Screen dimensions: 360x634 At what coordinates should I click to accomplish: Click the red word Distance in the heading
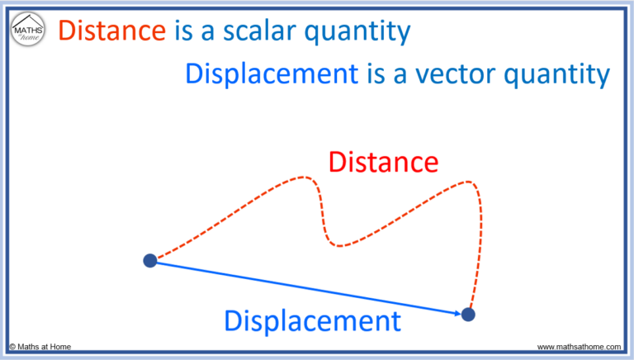113,31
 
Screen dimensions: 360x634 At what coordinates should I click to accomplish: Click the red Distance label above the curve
382,161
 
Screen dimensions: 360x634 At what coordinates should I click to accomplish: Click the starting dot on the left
150,261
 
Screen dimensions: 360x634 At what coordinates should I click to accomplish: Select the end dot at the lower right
468,314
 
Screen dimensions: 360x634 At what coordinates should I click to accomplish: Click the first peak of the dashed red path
305,177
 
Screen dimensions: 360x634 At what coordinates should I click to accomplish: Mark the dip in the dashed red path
338,244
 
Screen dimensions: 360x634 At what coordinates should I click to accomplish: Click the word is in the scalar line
182,31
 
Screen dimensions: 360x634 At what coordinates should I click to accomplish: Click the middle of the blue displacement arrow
305,287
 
